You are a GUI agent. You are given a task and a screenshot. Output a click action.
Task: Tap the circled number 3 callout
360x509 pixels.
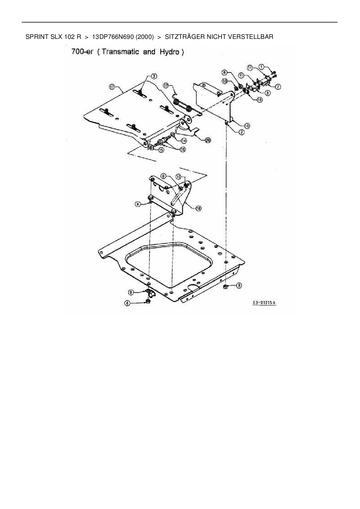[x=154, y=76]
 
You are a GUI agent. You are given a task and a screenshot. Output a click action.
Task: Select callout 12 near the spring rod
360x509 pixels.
[x=166, y=85]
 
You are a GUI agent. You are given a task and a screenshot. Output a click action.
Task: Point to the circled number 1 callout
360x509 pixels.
[x=261, y=67]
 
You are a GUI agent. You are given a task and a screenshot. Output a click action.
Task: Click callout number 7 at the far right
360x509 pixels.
[x=278, y=86]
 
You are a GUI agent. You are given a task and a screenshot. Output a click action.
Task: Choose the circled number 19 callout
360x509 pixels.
[x=247, y=126]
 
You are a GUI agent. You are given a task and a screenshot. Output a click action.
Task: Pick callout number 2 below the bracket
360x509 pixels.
[x=242, y=132]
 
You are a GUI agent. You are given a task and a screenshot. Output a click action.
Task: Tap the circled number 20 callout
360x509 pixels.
[x=208, y=140]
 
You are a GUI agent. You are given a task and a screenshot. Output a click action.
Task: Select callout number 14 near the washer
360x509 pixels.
[x=184, y=141]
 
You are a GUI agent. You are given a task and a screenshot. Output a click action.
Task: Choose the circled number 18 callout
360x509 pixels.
[x=199, y=208]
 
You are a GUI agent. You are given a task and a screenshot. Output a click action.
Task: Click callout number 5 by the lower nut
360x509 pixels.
[x=239, y=285]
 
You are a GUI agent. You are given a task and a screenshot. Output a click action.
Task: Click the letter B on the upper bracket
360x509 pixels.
[x=204, y=85]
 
